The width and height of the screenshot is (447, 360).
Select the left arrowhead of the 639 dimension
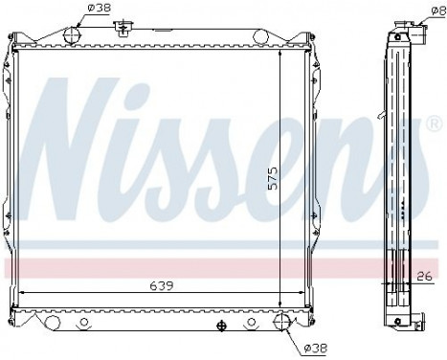pos(23,292)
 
